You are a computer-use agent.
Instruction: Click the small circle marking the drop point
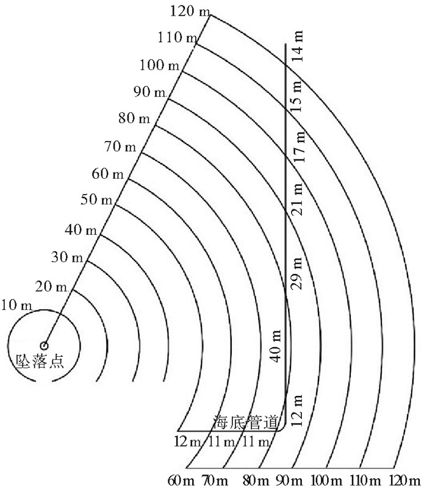click(44, 345)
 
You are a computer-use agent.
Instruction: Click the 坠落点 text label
click(40, 361)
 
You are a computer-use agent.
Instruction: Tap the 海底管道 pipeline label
click(245, 422)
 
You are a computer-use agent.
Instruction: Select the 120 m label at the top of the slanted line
click(190, 12)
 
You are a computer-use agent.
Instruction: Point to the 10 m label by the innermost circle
click(17, 305)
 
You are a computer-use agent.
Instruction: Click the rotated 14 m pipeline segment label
click(298, 46)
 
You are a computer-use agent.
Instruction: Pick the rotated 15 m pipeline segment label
click(297, 96)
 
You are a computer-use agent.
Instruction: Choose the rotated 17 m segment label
click(299, 146)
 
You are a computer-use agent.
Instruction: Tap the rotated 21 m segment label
click(298, 199)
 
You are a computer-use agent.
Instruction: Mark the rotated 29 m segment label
click(296, 273)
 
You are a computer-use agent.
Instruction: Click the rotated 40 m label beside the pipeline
click(276, 346)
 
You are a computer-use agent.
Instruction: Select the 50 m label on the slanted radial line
click(96, 199)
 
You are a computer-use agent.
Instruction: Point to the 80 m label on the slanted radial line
click(134, 118)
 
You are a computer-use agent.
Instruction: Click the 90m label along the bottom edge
click(289, 481)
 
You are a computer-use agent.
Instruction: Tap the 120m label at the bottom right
click(404, 481)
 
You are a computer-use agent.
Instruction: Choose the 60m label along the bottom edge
click(181, 481)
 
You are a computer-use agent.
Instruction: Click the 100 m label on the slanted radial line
click(159, 65)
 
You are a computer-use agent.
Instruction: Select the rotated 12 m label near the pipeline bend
click(296, 411)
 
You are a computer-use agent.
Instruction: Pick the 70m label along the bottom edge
click(215, 481)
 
